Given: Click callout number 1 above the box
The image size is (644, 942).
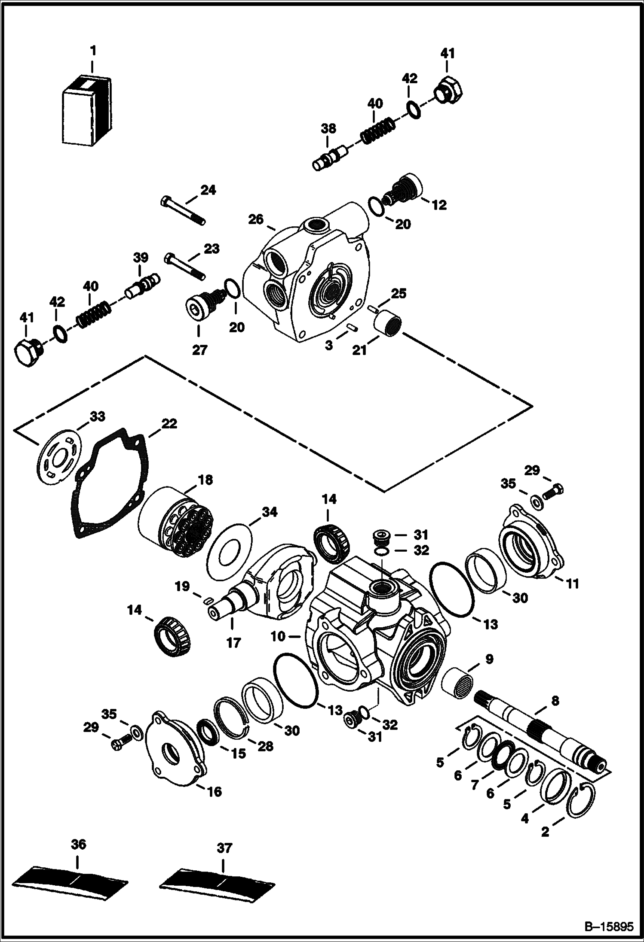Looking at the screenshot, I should [x=92, y=51].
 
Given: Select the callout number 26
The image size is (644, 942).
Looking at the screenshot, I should [x=256, y=219].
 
